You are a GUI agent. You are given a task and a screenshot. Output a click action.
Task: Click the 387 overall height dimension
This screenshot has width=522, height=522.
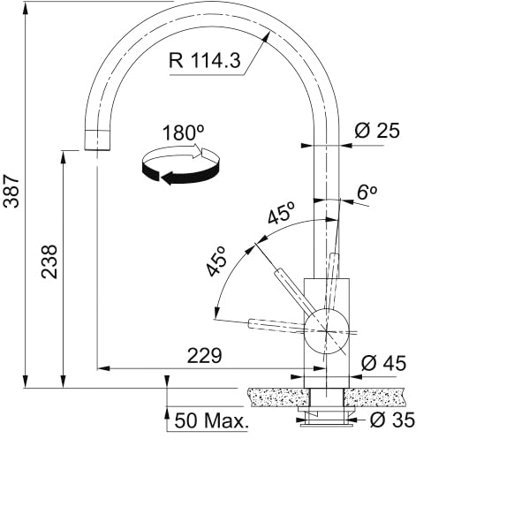coord(11,189)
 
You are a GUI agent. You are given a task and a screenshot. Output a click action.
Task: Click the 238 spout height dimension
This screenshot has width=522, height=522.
coord(49,261)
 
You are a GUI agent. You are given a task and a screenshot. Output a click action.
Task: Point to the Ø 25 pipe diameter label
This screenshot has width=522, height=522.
coord(377,132)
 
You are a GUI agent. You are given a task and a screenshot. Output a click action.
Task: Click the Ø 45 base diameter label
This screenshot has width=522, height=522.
coord(384,362)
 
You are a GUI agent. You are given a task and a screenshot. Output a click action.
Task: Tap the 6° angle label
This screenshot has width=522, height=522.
coord(367,192)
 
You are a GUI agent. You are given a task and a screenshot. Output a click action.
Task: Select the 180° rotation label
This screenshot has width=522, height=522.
coord(184,132)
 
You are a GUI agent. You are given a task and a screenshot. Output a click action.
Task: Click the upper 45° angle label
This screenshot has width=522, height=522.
coord(282,215)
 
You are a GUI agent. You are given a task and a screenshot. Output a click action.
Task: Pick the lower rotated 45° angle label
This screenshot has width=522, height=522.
coord(216,261)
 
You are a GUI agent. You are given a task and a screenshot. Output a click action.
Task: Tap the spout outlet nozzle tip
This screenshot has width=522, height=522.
coord(98,140)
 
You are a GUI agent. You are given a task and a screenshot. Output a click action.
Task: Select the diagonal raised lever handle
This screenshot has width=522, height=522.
coord(293,290)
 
